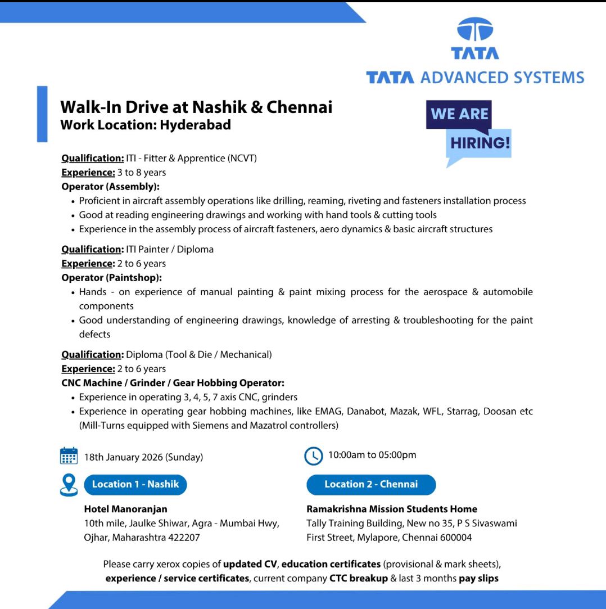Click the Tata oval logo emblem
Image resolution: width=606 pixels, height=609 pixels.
tap(474, 30)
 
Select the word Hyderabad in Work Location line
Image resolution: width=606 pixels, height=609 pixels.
tap(195, 125)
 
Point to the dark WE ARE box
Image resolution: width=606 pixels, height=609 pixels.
tap(459, 114)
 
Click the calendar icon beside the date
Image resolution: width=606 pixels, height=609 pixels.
tap(69, 456)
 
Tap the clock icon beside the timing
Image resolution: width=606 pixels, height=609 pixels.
tap(313, 455)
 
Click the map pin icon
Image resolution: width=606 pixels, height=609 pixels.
tap(69, 485)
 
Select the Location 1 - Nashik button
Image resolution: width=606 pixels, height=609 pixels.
tap(135, 484)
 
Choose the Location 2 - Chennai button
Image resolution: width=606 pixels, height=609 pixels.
tap(371, 484)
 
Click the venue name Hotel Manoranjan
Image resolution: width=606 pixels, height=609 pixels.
tap(125, 509)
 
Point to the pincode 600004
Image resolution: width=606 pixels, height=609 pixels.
tap(455, 537)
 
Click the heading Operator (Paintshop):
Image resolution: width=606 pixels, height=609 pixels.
tap(111, 277)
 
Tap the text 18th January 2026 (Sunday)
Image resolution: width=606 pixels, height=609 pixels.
tap(143, 457)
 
